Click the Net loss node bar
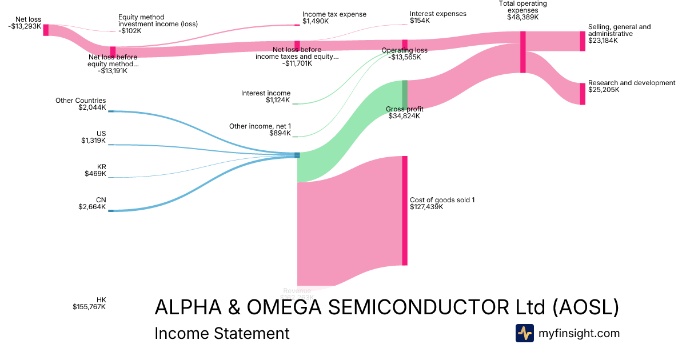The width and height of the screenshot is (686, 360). (46, 30)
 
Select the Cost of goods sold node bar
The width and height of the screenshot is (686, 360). (405, 210)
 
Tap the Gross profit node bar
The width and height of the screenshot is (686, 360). (405, 94)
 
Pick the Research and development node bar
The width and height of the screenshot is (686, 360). (583, 94)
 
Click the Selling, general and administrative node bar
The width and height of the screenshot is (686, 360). (583, 41)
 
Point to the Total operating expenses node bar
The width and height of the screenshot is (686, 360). (523, 52)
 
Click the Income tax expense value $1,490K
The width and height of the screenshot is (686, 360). (316, 21)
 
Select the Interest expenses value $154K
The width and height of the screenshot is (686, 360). (422, 21)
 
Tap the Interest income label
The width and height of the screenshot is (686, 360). (265, 93)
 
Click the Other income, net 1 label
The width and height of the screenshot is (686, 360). (260, 126)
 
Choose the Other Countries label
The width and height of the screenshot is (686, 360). (81, 101)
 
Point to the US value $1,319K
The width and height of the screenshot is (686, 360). (93, 141)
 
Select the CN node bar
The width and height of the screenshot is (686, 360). (111, 211)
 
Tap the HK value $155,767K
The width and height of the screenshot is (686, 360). (89, 307)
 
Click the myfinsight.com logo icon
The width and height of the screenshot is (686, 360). (524, 333)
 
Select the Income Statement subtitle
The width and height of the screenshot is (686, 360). (222, 333)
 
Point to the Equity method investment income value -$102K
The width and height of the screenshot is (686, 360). (130, 31)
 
